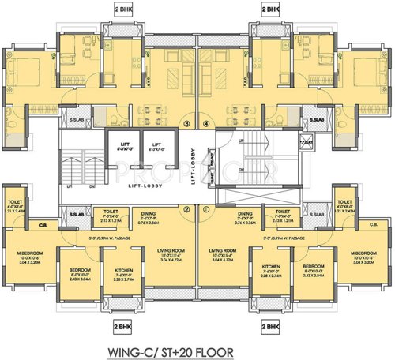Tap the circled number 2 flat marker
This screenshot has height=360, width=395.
pos(186,210)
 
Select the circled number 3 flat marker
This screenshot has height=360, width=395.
pos(186,123)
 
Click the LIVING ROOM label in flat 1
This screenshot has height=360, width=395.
pos(229,251)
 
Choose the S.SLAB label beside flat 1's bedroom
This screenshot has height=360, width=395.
pos(315,215)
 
